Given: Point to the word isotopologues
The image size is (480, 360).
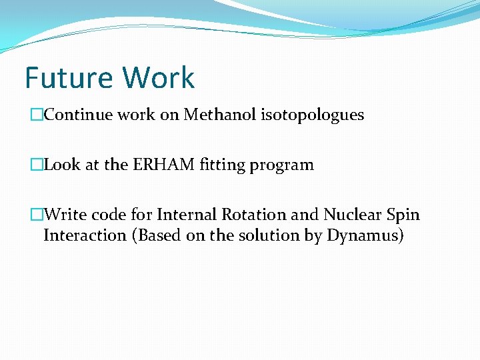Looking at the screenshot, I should point(310,115).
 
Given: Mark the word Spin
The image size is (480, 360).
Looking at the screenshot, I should point(403,215).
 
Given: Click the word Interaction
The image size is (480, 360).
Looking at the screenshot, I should point(85,235).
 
